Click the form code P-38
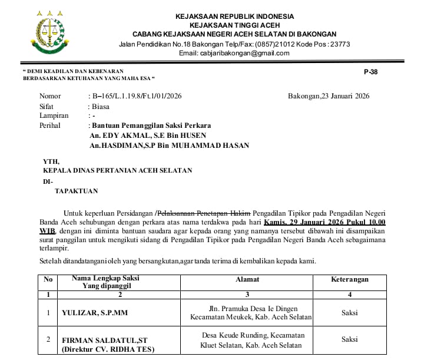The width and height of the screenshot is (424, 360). tap(370, 71)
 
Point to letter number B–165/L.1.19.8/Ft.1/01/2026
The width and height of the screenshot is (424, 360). tap(137, 96)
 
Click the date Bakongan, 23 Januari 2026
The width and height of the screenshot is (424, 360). tap(329, 96)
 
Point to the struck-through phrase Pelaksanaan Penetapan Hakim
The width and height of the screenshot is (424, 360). tap(206, 213)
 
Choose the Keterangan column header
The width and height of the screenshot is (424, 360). tap(350, 279)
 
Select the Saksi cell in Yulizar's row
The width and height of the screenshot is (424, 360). tap(350, 313)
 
